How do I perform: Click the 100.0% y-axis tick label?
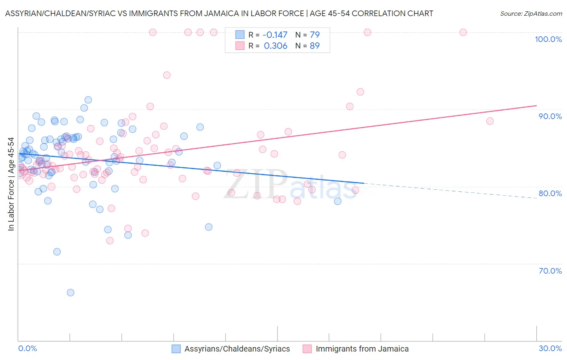(x=548, y=39)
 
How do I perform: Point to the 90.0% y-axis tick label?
(x=550, y=116)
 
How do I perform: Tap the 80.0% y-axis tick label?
(x=550, y=193)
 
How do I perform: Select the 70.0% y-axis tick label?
(x=550, y=271)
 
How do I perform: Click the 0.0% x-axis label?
(x=27, y=348)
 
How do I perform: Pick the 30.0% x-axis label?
(x=550, y=348)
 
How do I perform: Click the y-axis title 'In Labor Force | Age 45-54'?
(x=11, y=184)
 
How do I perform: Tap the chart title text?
(x=219, y=13)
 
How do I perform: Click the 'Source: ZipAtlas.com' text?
(x=531, y=13)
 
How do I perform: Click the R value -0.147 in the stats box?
(x=275, y=35)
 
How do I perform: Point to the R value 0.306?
(x=275, y=46)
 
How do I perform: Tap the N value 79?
(x=315, y=35)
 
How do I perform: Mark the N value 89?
(x=315, y=46)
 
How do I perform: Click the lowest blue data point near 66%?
(x=71, y=293)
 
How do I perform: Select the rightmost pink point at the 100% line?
(x=463, y=32)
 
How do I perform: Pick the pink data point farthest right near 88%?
(x=490, y=121)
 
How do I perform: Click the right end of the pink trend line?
(x=536, y=106)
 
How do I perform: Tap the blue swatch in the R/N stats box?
(x=240, y=35)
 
